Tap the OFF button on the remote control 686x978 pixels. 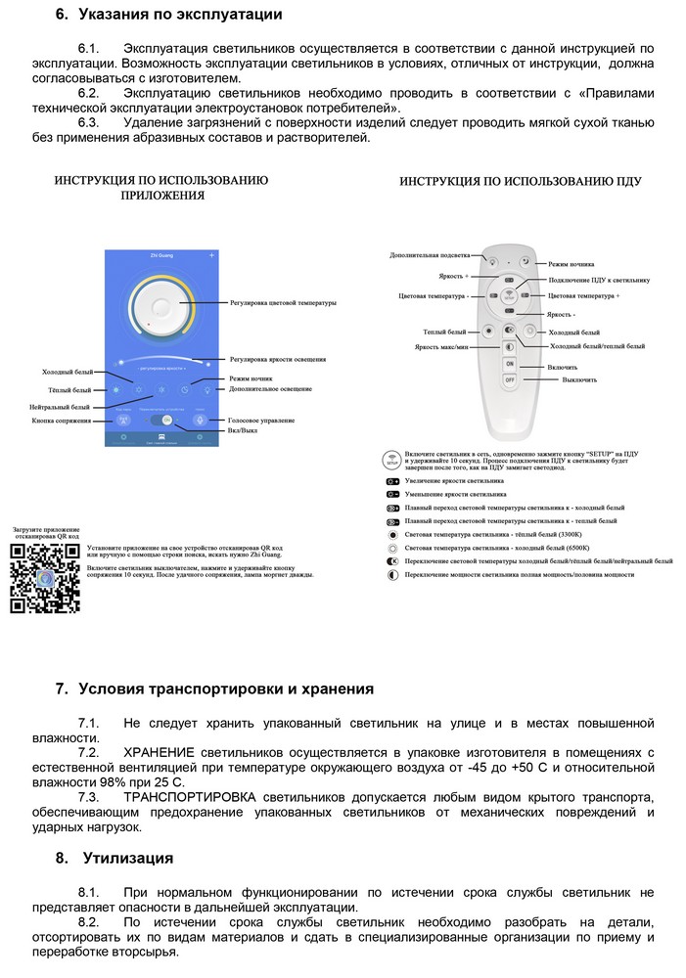[510, 379]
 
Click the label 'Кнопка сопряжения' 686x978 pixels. [62, 422]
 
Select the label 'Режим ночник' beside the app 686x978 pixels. [251, 378]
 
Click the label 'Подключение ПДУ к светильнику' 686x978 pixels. [599, 279]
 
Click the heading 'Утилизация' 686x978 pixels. [128, 858]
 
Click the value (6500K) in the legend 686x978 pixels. [566, 549]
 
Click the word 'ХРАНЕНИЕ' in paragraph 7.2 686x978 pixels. [159, 752]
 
